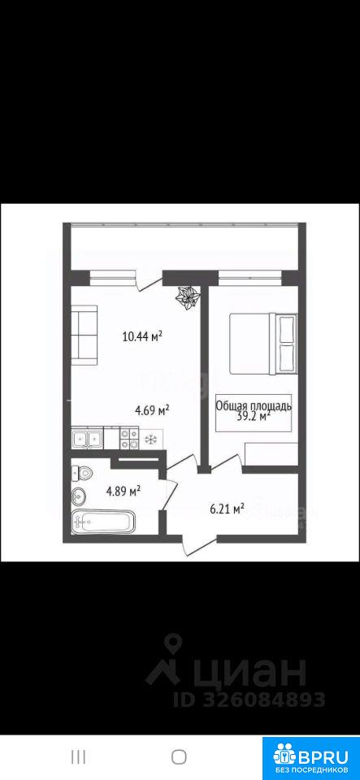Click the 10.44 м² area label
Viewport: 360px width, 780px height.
click(143, 337)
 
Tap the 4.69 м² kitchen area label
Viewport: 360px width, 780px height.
click(153, 410)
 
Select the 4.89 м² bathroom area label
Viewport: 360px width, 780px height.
click(123, 492)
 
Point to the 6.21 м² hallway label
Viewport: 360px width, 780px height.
click(226, 509)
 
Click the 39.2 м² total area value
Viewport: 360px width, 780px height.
click(254, 415)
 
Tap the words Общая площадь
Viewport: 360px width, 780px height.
click(254, 405)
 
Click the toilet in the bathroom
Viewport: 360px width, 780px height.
click(80, 473)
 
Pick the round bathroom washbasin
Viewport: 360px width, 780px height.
click(79, 495)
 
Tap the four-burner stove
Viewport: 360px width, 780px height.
click(128, 438)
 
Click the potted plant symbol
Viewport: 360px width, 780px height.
click(188, 298)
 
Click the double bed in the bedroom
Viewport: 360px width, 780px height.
click(263, 344)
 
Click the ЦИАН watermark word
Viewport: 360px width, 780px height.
click(250, 672)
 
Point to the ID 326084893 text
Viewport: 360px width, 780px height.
click(249, 700)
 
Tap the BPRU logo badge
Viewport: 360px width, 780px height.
click(310, 757)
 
